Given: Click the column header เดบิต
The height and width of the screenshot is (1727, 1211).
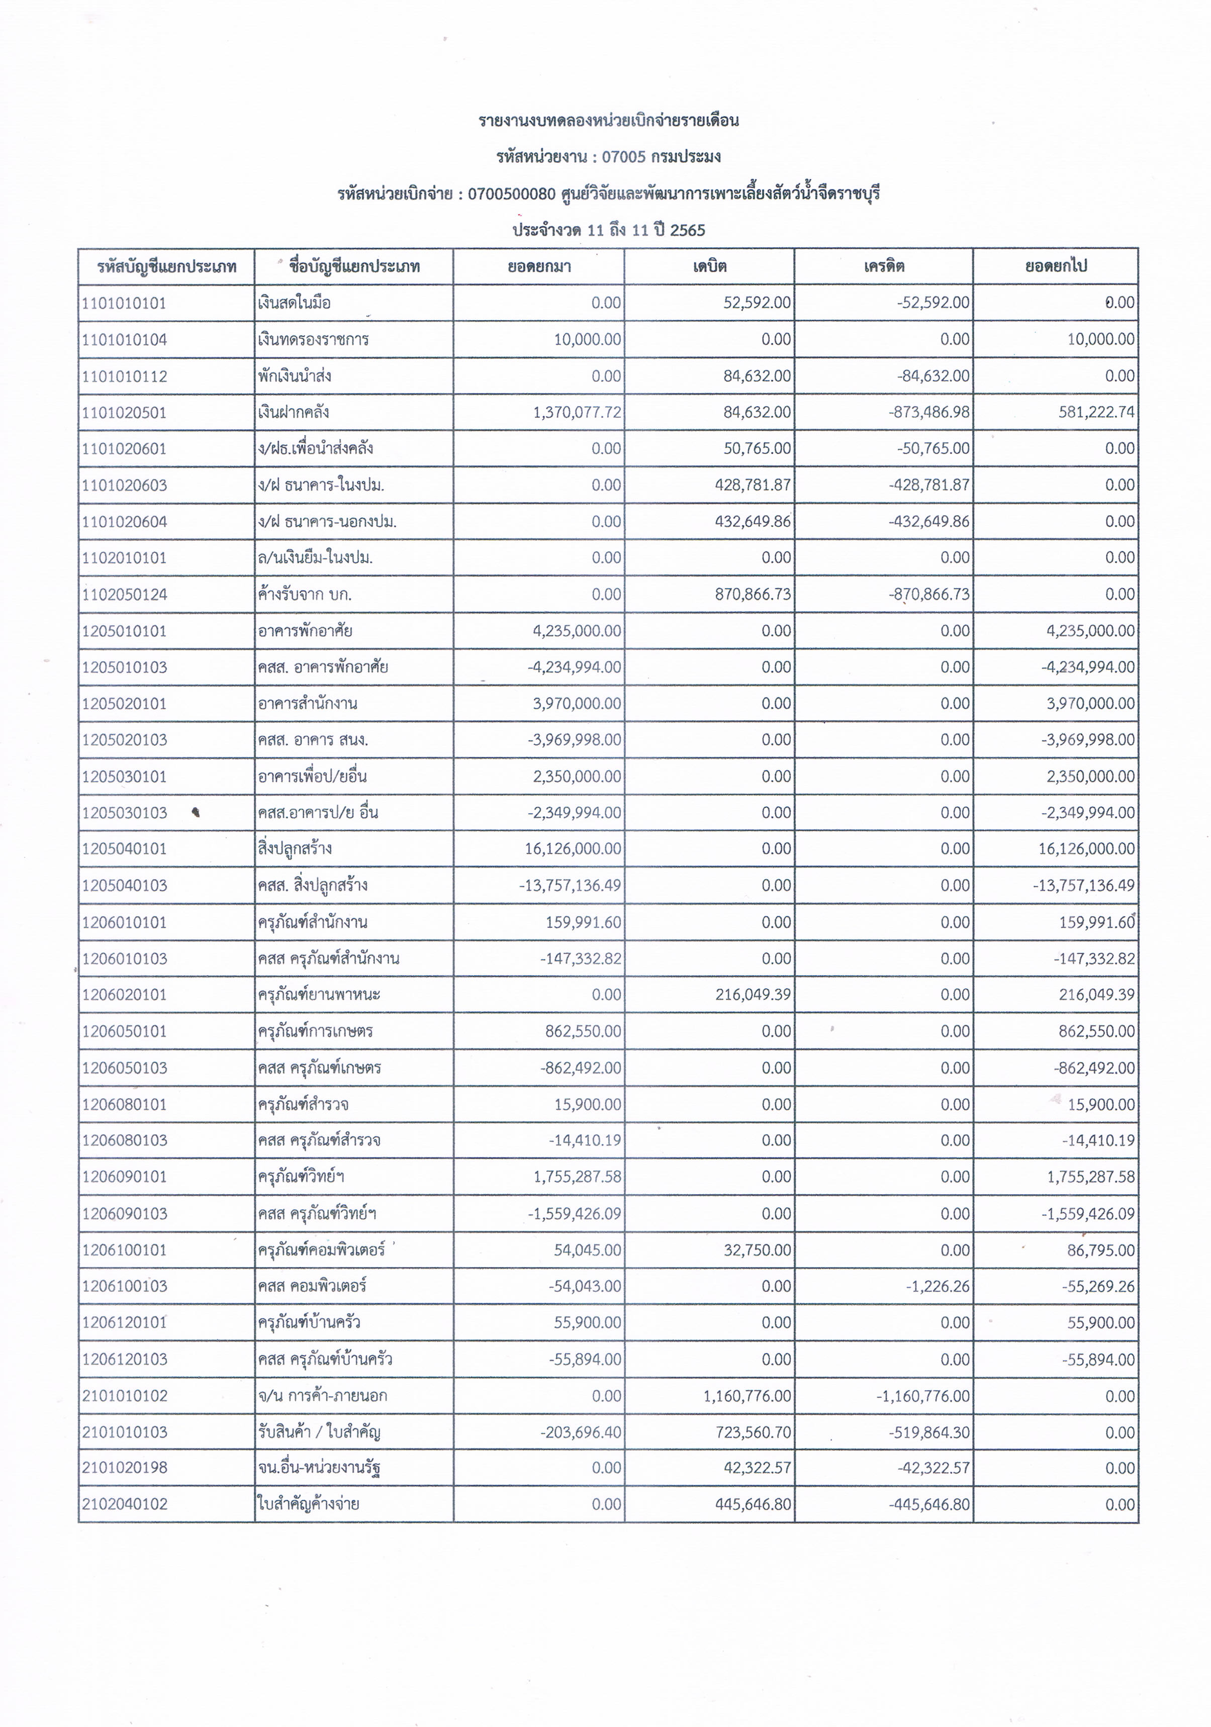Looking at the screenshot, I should coord(709,266).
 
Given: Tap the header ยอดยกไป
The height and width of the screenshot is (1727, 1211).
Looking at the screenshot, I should coord(1056,266).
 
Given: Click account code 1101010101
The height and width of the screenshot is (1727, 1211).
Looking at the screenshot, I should coord(124,303).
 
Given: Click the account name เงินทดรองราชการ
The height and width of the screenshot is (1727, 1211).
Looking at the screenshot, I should coord(313,339).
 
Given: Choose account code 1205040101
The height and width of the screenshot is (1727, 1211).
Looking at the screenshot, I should coord(124,848).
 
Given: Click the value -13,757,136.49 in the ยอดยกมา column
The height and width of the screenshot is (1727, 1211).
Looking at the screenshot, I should coord(570,885).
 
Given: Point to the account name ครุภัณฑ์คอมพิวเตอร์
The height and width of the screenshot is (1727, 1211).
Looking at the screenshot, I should coord(321,1250).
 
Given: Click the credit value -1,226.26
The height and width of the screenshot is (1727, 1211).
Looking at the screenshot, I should coord(938,1286).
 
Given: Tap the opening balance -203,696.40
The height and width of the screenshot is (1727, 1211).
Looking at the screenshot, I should coord(581,1432).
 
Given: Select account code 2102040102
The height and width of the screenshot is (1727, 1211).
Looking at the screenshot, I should coord(125,1504).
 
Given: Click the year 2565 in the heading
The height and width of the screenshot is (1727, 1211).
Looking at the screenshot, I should coord(688,230).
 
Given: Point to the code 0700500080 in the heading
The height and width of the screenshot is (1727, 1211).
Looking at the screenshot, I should coord(511,194).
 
